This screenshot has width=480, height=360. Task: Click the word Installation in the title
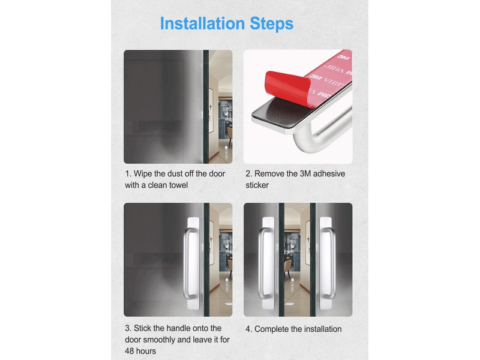[202, 23]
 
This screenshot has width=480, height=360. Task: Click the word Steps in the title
[272, 24]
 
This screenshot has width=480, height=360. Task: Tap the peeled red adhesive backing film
[288, 86]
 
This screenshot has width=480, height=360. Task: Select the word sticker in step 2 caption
[257, 185]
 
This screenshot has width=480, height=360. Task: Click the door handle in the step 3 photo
[190, 263]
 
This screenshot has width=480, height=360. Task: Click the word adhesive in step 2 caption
[329, 174]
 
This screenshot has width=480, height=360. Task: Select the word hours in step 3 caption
[146, 351]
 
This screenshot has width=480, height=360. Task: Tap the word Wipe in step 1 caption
[143, 174]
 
